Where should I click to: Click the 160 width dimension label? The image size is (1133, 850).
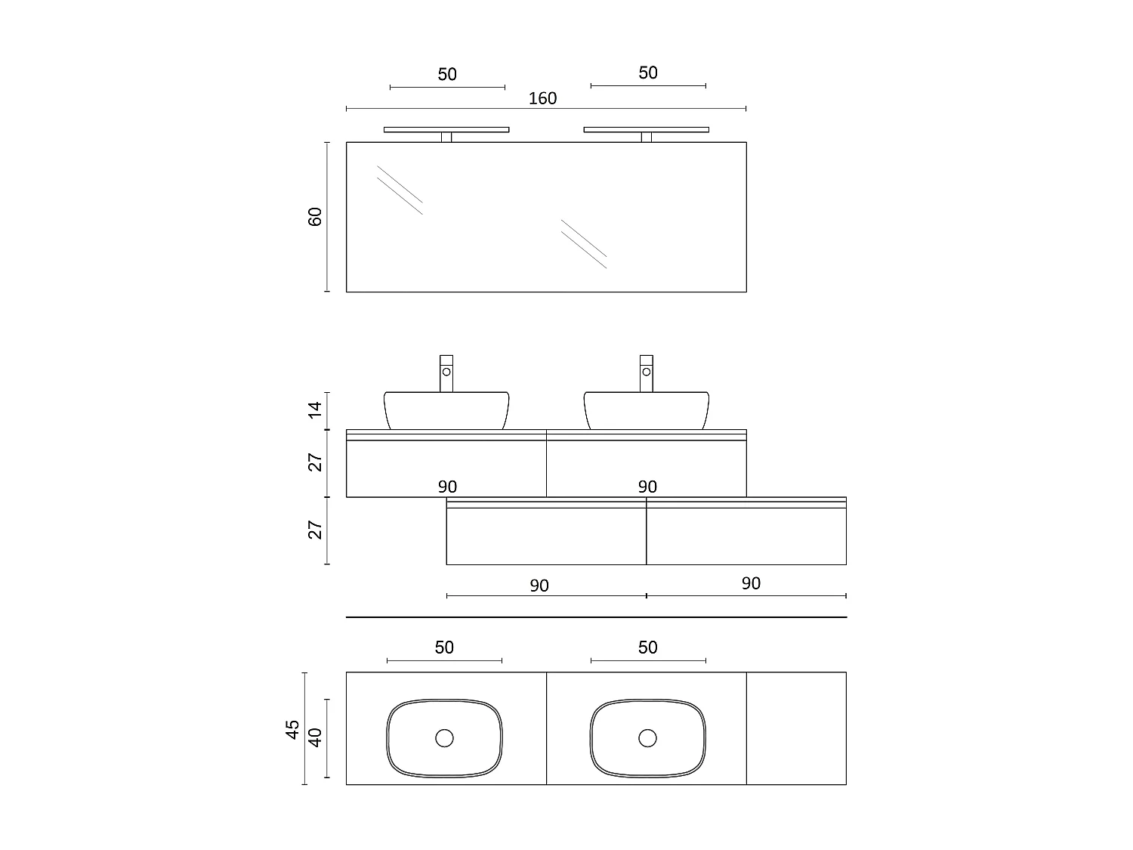(542, 98)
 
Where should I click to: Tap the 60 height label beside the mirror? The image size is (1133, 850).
(316, 216)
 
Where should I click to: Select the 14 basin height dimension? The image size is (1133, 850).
(316, 410)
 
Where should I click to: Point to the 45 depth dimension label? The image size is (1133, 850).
(294, 729)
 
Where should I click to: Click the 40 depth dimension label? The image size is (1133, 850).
(316, 737)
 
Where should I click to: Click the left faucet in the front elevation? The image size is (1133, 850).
(446, 372)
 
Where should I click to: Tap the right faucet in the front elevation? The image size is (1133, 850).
(646, 372)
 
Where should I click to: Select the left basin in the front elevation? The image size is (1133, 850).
(446, 410)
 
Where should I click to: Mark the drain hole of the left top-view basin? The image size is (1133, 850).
(444, 738)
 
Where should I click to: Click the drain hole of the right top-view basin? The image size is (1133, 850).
(647, 738)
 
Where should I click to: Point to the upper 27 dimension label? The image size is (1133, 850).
(316, 462)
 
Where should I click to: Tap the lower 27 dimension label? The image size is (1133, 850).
(316, 530)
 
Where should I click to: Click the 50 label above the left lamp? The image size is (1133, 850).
(447, 75)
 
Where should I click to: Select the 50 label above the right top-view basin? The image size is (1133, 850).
(647, 648)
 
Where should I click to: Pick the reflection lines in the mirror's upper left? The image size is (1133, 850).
(400, 190)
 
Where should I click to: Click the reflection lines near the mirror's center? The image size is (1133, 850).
(583, 243)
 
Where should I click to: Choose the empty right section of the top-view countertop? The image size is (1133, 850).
(796, 728)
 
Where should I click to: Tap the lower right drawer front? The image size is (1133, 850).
(746, 536)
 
